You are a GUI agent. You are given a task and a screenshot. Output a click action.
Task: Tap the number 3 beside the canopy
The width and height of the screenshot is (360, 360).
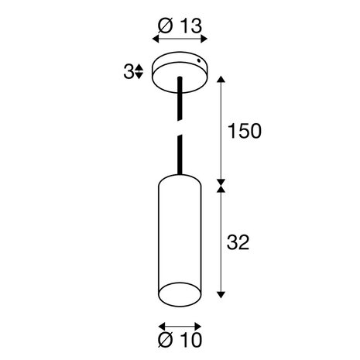128,72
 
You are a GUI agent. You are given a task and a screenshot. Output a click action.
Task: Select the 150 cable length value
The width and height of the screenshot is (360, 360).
244,130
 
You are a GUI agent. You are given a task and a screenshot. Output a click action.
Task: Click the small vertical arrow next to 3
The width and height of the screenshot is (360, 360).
138,72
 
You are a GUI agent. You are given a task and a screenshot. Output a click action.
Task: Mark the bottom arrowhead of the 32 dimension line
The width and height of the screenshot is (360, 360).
223,295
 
